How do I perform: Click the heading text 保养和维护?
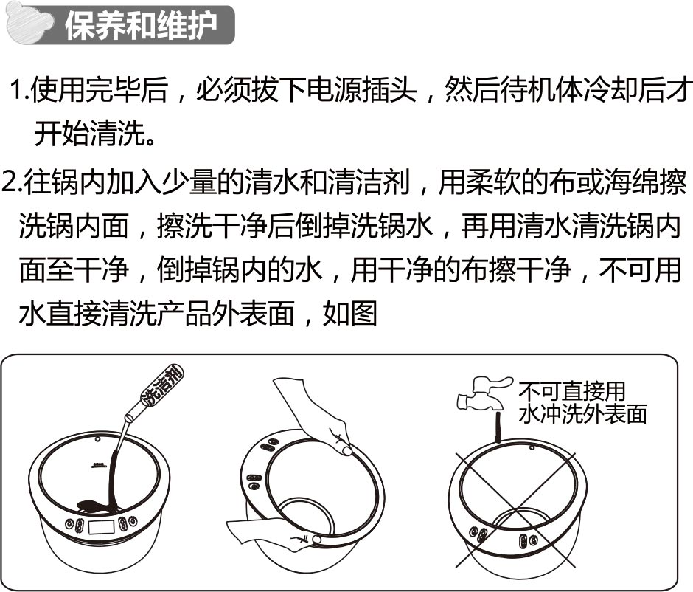[141, 25]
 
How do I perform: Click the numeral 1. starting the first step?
[19, 90]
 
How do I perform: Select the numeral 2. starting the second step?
[12, 182]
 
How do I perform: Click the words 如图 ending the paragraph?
[349, 314]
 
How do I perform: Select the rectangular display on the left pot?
[101, 527]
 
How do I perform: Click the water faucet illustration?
[483, 393]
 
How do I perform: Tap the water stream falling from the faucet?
[497, 427]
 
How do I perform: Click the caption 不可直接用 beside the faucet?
[571, 391]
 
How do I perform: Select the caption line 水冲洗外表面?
[582, 415]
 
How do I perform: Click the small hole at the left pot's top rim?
[97, 439]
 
